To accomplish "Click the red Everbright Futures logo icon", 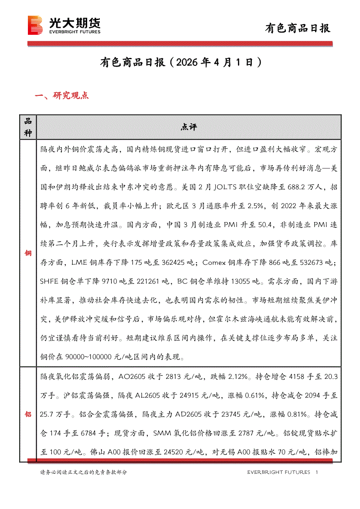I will click(x=34, y=25).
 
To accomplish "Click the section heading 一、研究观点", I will click(x=61, y=96).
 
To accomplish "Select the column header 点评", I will click(x=189, y=127).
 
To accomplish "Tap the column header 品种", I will click(x=28, y=127).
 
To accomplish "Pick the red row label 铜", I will click(x=28, y=253).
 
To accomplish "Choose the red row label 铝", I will click(x=28, y=414).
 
